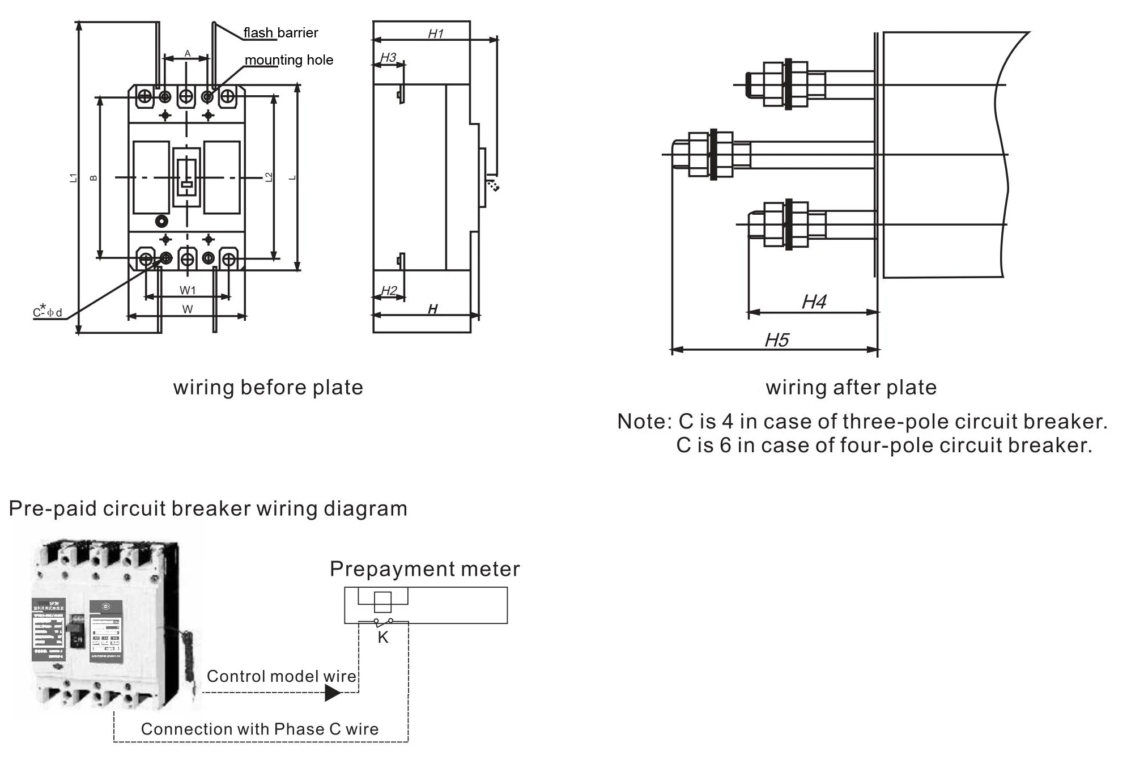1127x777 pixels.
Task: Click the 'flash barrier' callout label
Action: (x=280, y=33)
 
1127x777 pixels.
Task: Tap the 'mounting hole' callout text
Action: (x=288, y=60)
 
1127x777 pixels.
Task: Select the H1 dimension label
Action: (x=435, y=34)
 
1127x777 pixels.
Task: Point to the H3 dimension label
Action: (x=388, y=58)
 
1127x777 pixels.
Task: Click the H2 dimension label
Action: (x=389, y=291)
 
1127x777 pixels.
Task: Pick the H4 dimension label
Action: (x=814, y=302)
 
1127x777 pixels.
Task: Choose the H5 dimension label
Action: (x=776, y=340)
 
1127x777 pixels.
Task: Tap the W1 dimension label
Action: (x=188, y=291)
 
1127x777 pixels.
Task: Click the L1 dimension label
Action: (x=73, y=178)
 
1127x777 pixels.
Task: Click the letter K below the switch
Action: (x=383, y=638)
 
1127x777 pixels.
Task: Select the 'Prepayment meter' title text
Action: (x=424, y=569)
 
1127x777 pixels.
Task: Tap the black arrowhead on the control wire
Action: (x=333, y=693)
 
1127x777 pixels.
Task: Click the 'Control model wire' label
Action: (x=281, y=676)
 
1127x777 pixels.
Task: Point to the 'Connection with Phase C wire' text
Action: (x=260, y=729)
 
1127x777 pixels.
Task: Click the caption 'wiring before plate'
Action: (x=268, y=388)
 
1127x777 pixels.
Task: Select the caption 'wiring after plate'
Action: (x=851, y=388)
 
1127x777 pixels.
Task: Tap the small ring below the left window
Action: (x=161, y=221)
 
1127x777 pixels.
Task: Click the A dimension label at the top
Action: (x=188, y=54)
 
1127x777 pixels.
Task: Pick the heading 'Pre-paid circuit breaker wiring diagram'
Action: (x=208, y=509)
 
